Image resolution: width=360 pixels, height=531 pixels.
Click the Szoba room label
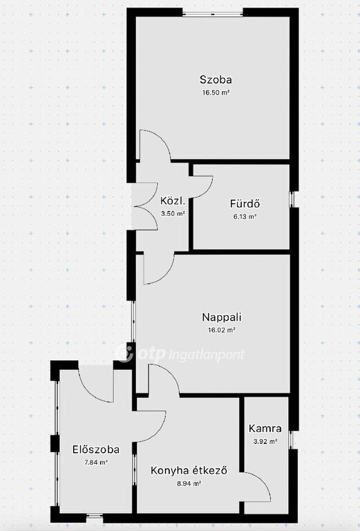pyautogui.click(x=216, y=80)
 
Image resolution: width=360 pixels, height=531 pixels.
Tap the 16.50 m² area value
pyautogui.click(x=216, y=93)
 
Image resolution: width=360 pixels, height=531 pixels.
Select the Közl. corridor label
pyautogui.click(x=173, y=201)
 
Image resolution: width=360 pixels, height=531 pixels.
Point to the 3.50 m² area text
pyautogui.click(x=173, y=214)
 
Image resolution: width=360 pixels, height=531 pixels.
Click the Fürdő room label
pyautogui.click(x=245, y=203)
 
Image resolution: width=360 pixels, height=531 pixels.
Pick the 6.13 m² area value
pyautogui.click(x=245, y=216)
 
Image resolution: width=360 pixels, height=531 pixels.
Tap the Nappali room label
pyautogui.click(x=222, y=317)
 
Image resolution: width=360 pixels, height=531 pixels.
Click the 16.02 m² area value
pyautogui.click(x=222, y=330)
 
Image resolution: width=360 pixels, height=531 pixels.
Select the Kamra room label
pyautogui.click(x=265, y=429)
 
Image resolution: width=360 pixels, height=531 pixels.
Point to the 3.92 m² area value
pyautogui.click(x=265, y=441)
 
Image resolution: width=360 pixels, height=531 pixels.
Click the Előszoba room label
pyautogui.click(x=96, y=449)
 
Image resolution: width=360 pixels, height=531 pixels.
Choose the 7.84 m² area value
pyautogui.click(x=96, y=463)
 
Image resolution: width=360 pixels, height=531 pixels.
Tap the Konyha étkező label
pyautogui.click(x=189, y=470)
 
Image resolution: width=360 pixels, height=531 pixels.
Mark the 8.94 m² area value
pyautogui.click(x=189, y=483)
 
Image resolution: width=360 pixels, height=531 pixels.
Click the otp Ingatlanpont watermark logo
pyautogui.click(x=180, y=354)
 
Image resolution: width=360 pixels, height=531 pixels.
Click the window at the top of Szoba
pyautogui.click(x=213, y=15)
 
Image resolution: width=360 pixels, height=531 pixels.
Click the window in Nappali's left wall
pyautogui.click(x=133, y=322)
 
